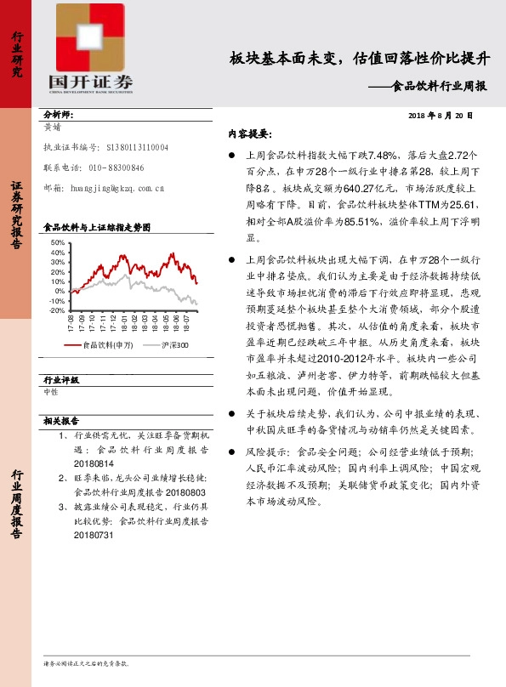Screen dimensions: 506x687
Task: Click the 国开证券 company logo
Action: [90, 51]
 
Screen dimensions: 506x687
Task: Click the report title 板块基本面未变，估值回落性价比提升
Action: [361, 59]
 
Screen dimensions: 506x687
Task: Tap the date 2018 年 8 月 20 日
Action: [440, 115]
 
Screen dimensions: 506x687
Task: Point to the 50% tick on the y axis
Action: [58, 243]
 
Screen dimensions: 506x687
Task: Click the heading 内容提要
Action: [249, 133]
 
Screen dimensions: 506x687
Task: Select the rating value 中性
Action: [51, 392]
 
